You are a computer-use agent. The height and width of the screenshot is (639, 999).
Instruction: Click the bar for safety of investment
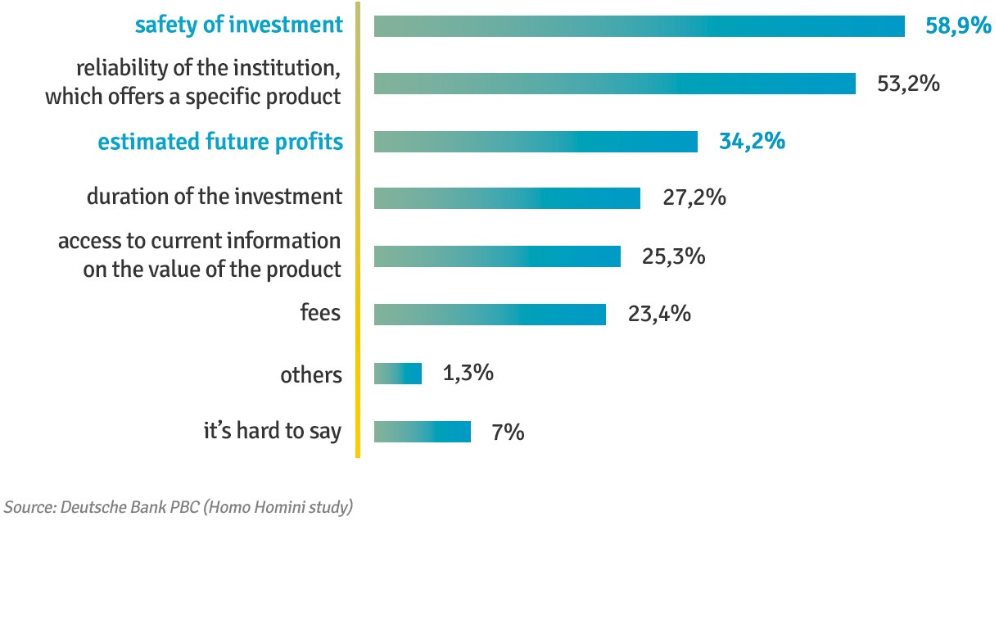coord(639,26)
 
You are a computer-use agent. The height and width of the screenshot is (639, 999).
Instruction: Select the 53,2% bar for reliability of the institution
coord(614,84)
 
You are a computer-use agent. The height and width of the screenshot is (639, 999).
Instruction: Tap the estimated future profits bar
coord(536,142)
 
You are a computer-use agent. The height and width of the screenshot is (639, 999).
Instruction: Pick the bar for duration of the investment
coord(507,198)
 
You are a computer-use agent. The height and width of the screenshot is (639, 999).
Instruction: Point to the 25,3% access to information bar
coord(497,256)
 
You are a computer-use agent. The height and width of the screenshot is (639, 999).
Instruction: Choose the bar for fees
coord(490,315)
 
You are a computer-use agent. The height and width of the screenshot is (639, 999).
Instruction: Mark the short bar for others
coord(398,374)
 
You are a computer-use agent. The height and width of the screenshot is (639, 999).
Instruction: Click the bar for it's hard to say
coord(423,432)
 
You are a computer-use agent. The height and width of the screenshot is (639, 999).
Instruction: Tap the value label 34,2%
coord(752,142)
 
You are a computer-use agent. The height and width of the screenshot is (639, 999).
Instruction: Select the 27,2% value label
coord(694,198)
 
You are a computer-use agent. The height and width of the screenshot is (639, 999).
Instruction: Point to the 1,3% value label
coord(468,374)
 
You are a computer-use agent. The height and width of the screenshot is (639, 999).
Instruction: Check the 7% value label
coord(508,432)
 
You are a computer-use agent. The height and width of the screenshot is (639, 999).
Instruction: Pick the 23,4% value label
coord(659,315)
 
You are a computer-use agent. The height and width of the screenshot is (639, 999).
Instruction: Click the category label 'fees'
coord(320,313)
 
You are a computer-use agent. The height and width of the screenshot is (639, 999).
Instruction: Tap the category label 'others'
coord(310,375)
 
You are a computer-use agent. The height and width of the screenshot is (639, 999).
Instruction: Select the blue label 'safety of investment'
coord(239,25)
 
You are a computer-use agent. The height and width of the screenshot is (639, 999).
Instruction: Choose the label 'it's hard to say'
coord(272,432)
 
